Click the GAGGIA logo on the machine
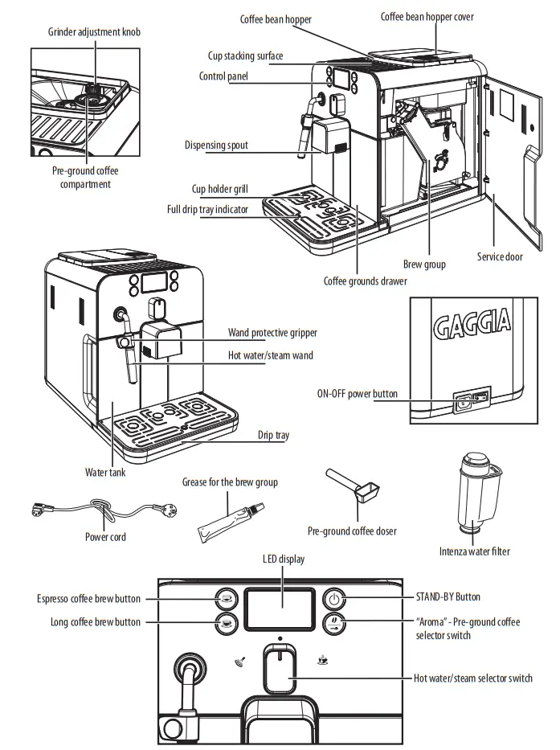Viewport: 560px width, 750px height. [x=472, y=324]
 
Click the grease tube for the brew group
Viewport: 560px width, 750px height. [x=230, y=518]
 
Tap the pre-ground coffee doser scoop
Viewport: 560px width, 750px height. [x=354, y=490]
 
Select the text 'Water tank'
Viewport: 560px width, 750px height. [x=105, y=473]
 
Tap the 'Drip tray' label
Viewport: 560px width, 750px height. [x=273, y=435]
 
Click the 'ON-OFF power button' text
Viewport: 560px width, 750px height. [x=358, y=394]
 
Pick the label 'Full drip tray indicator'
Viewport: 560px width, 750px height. [x=207, y=210]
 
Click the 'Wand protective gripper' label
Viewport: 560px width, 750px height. [x=272, y=333]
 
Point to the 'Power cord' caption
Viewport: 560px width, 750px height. [x=105, y=537]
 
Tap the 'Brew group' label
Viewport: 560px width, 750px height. [x=424, y=264]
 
